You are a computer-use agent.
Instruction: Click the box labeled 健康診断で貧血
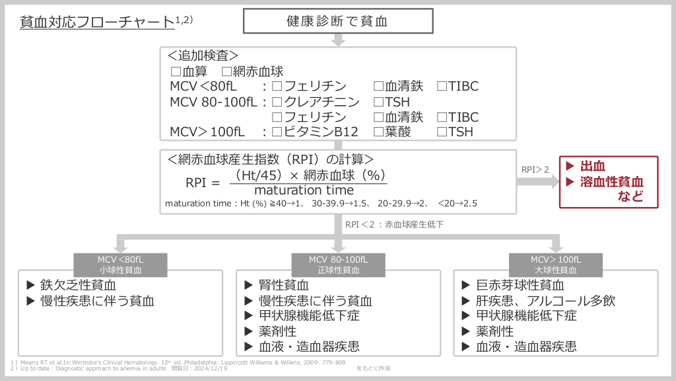[x=338, y=21]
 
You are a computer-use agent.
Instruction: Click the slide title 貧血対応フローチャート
[x=97, y=22]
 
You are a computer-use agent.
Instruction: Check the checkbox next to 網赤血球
[x=227, y=71]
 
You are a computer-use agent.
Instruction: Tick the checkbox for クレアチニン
[x=277, y=102]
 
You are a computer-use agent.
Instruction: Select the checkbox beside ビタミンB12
[x=277, y=132]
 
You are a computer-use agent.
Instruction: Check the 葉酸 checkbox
[x=378, y=132]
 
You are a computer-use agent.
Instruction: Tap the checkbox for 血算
[x=176, y=71]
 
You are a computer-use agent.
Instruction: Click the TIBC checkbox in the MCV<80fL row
[x=442, y=86]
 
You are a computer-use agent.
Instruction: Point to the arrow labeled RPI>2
[x=537, y=181]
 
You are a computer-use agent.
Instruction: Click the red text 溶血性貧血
[x=611, y=182]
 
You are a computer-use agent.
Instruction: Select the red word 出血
[x=592, y=166]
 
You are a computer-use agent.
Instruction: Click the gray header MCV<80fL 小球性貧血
[x=120, y=265]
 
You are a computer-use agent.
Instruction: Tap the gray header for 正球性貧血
[x=339, y=265]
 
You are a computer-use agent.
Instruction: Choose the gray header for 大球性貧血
[x=556, y=265]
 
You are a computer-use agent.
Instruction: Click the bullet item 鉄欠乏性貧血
[x=78, y=285]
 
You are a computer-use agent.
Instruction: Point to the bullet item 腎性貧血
[x=284, y=285]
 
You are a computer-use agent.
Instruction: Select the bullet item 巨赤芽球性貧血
[x=520, y=285]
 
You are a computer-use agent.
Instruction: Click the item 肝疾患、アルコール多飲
[x=545, y=301]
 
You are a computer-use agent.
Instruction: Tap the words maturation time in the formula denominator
[x=304, y=190]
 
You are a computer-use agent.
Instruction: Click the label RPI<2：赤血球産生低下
[x=394, y=224]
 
